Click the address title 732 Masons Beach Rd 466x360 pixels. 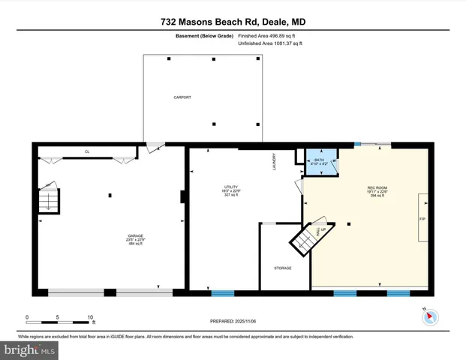tap(233, 22)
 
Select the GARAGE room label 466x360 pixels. tap(135, 236)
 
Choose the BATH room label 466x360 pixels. tap(319, 160)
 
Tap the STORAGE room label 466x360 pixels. tap(282, 268)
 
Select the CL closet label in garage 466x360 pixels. tap(87, 151)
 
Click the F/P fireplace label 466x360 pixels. tap(421, 218)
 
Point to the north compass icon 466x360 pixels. tap(430, 316)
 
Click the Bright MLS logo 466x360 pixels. tap(30, 349)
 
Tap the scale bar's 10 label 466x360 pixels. tap(90, 317)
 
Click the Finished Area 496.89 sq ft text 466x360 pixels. tap(267, 35)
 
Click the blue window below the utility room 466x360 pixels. tap(222, 292)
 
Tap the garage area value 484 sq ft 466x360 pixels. tap(135, 244)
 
